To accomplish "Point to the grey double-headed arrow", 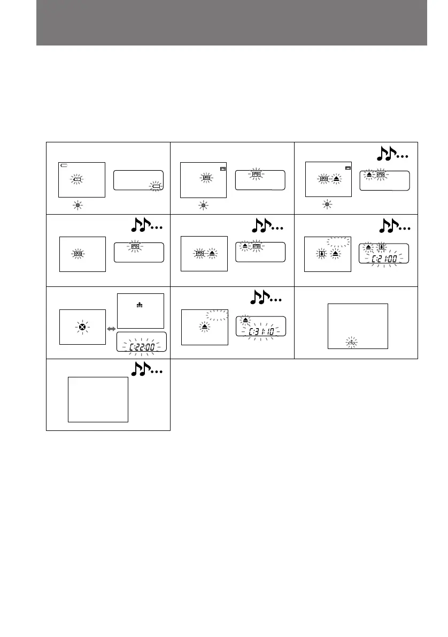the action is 112,328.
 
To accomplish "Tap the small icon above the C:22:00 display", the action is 140,306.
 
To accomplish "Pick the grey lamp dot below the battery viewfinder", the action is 78,205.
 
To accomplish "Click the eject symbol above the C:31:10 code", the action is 245,320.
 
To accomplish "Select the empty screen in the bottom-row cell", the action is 98,399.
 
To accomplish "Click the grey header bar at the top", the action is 231,22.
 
